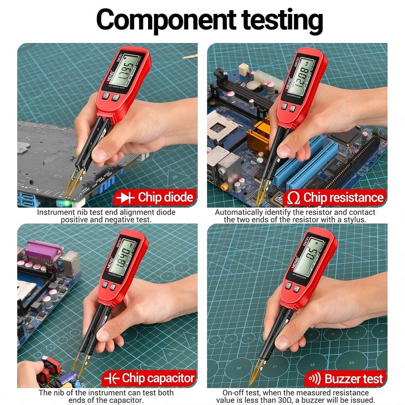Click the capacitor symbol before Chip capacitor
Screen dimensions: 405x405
point(111,378)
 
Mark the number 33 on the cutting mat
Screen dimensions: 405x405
point(351,362)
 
